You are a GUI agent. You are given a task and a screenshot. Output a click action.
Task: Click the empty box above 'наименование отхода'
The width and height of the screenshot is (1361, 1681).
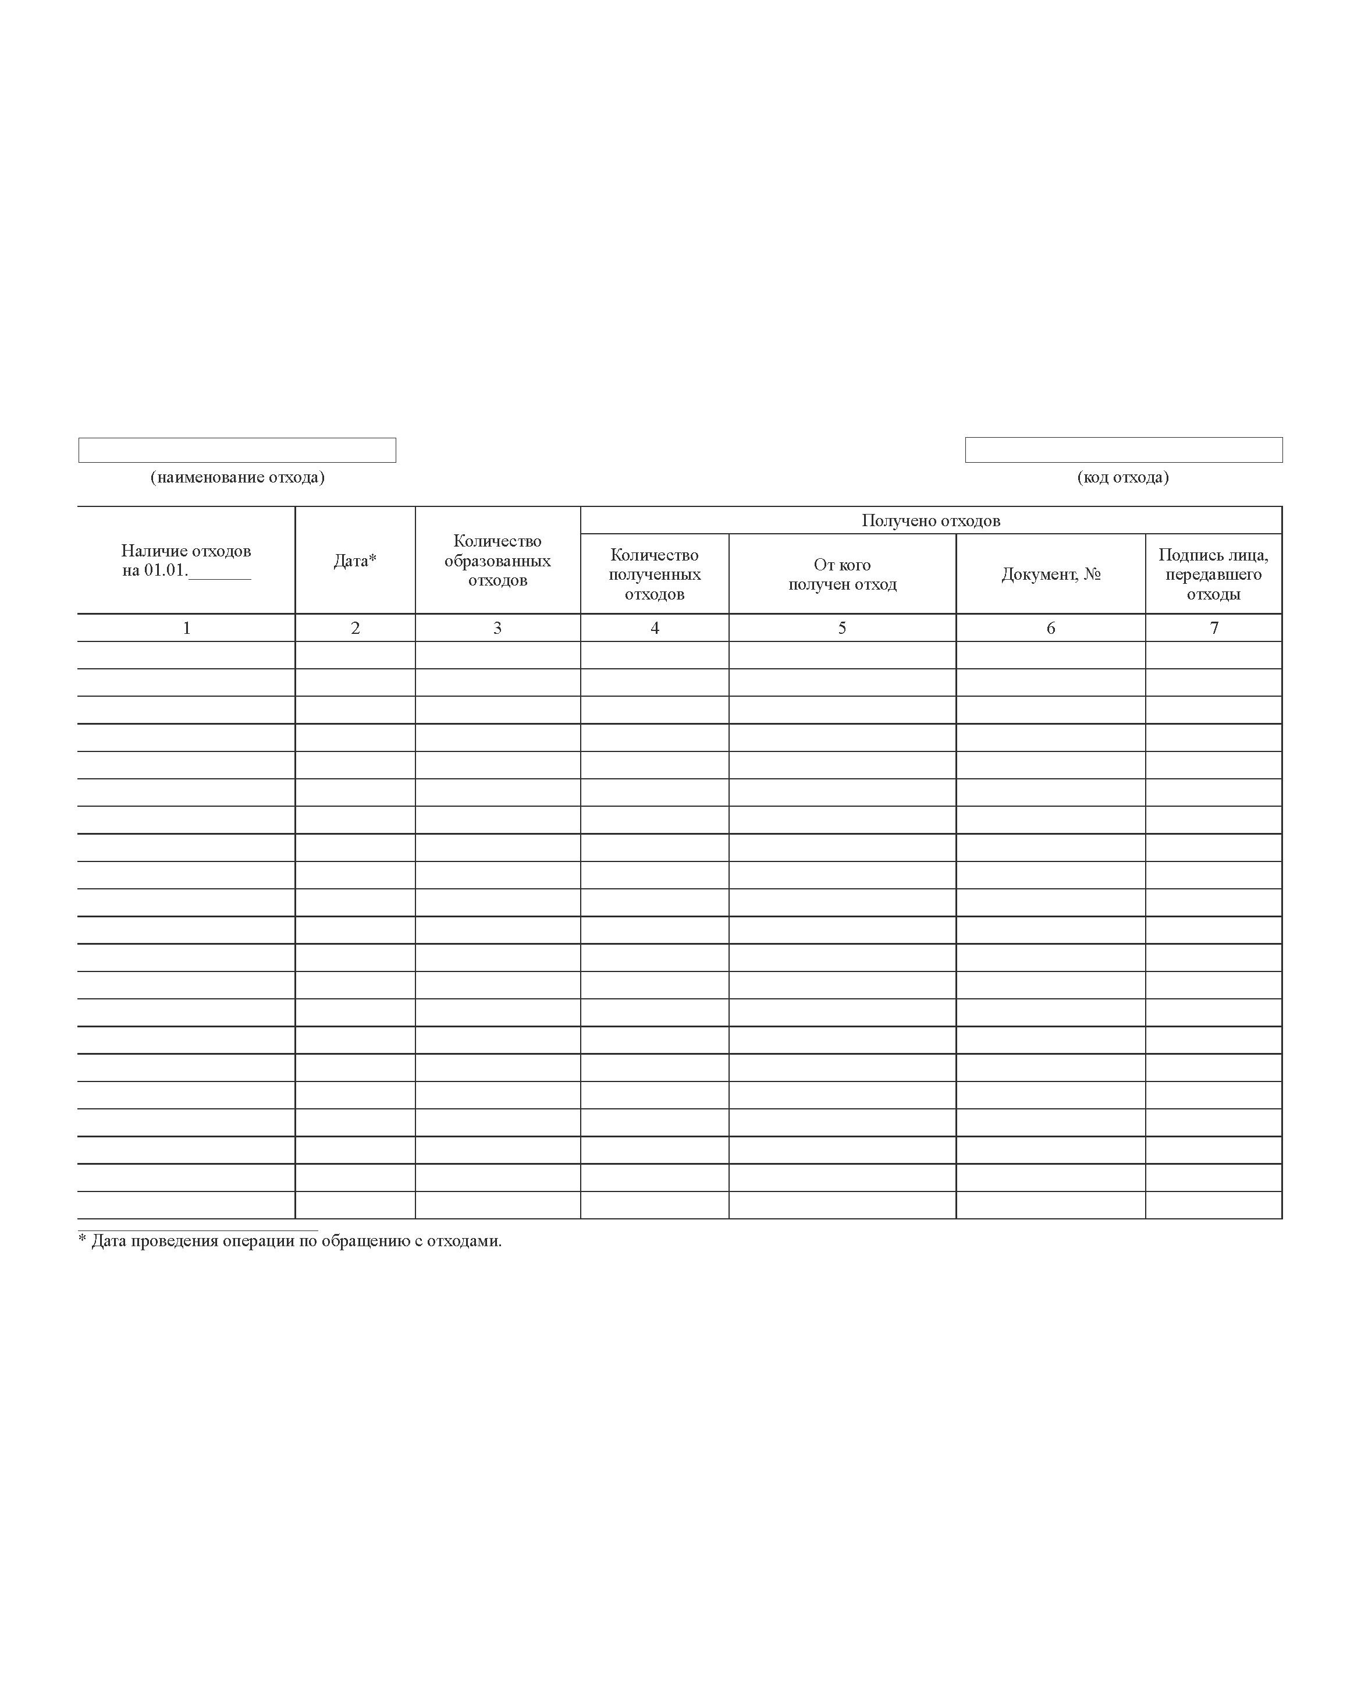coord(237,450)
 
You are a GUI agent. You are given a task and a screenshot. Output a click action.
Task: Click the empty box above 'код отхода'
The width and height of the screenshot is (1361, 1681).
coord(1124,450)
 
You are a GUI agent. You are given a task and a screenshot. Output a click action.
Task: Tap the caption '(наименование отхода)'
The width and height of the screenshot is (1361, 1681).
coord(237,477)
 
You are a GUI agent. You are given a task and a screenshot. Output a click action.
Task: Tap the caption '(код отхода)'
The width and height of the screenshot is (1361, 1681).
coord(1122,477)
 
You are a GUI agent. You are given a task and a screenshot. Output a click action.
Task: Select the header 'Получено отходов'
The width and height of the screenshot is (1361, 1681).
coord(930,520)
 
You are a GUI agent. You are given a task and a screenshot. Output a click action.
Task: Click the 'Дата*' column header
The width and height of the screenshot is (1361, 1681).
coord(355,561)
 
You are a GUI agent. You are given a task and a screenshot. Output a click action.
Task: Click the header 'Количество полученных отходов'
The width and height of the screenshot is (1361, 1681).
coord(655,574)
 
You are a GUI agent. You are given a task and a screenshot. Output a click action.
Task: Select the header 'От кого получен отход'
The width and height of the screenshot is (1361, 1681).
coord(842,574)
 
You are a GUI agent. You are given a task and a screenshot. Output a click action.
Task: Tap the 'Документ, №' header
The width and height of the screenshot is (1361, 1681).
coord(1050,574)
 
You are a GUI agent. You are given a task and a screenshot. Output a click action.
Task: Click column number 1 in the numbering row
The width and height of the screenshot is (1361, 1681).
coord(187,628)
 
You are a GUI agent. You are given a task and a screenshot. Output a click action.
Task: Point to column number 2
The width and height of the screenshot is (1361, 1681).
coord(355,628)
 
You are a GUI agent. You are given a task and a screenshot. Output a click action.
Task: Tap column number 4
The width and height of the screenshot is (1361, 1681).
coord(655,628)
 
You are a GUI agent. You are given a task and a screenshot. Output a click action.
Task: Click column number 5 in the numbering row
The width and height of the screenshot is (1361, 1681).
coord(842,628)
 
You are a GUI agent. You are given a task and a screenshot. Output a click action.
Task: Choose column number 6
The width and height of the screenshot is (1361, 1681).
coord(1050,628)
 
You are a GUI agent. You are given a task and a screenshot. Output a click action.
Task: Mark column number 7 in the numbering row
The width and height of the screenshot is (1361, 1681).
coord(1214,628)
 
